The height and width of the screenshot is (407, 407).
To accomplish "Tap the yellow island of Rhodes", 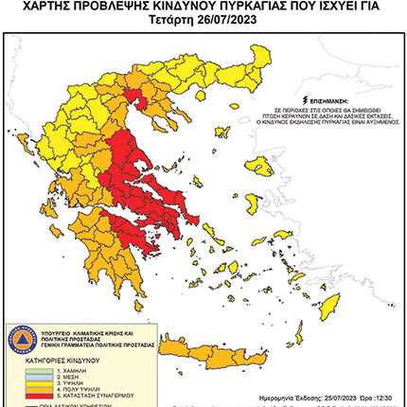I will pyautogui.click(x=330, y=304).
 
